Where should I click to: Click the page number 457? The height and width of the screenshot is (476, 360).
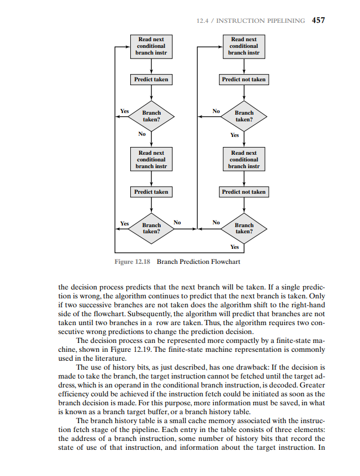coord(318,21)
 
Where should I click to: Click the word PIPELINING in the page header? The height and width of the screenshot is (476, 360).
coord(283,21)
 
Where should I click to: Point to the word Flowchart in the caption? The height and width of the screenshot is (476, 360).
coord(226,261)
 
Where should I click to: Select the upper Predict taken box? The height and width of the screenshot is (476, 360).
coord(151,80)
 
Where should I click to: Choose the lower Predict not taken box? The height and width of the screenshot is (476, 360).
coord(244,192)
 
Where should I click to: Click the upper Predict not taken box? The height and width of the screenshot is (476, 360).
coord(244,80)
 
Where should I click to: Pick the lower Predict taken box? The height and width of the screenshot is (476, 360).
coord(151,192)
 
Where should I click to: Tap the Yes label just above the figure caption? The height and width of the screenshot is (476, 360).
coord(234,247)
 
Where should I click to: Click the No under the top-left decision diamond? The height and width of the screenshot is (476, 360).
coord(142,134)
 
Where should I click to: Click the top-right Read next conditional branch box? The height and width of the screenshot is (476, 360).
coord(244,47)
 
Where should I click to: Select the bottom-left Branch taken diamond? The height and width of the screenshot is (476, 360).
coord(151,228)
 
